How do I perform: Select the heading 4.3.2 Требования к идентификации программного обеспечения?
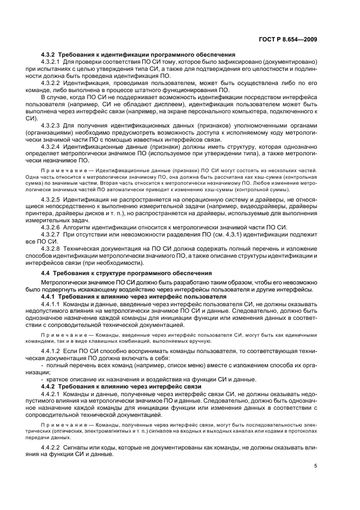point(138,55)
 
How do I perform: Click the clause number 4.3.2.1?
point(52,63)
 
